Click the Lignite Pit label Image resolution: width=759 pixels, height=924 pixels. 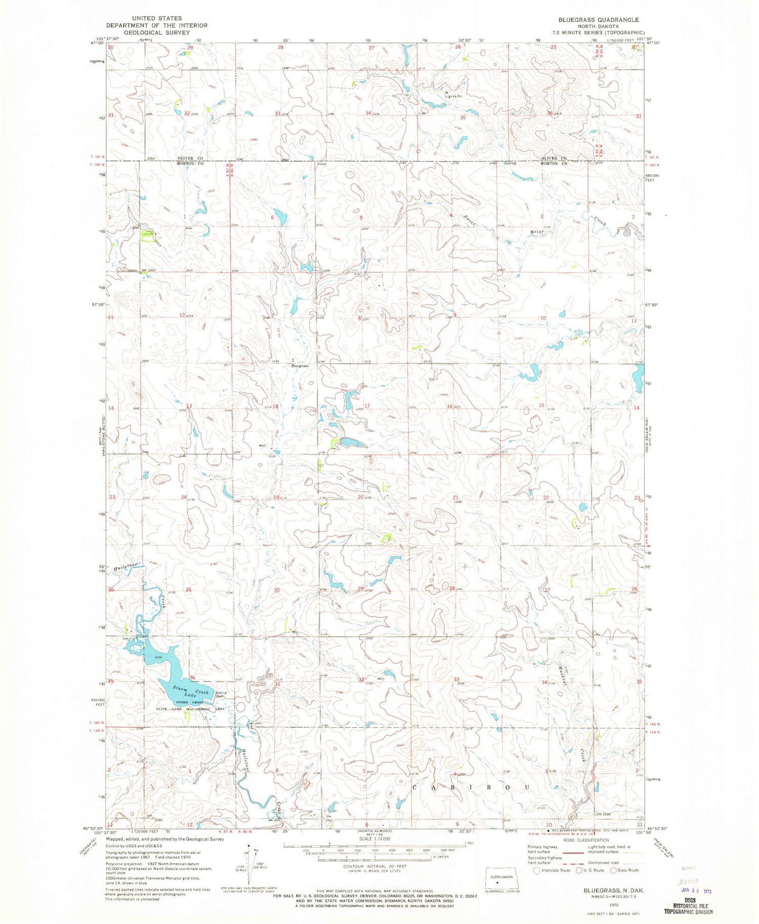tap(454, 96)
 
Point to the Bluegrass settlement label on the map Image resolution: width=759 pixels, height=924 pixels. tap(300, 365)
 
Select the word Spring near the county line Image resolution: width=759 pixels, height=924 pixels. tap(510, 163)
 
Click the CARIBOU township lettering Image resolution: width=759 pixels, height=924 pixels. tap(471, 788)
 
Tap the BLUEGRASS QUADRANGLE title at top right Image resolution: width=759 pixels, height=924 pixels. tap(591, 20)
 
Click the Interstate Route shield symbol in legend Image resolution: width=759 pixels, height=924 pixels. tap(537, 870)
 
